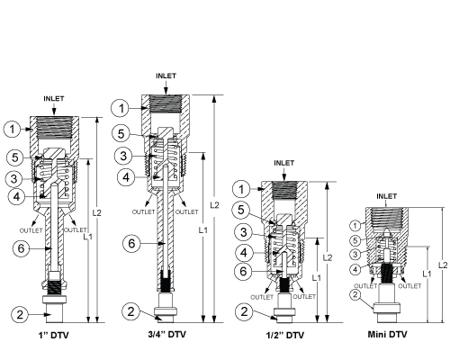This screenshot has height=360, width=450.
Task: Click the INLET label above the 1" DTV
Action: point(54,99)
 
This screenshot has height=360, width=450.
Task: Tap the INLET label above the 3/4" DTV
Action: point(166,76)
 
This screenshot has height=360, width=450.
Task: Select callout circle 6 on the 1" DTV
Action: point(22,248)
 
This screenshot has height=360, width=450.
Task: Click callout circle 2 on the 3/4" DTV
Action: point(131,311)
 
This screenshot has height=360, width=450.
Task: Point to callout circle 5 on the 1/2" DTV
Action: point(241,210)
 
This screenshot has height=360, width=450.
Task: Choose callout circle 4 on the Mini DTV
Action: point(355,269)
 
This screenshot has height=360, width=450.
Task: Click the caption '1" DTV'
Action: point(54,335)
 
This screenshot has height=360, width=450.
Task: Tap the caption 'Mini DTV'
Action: point(387,334)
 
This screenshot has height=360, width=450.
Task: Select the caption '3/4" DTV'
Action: point(167,334)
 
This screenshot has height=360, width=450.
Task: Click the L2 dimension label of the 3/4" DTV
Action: point(214,205)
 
